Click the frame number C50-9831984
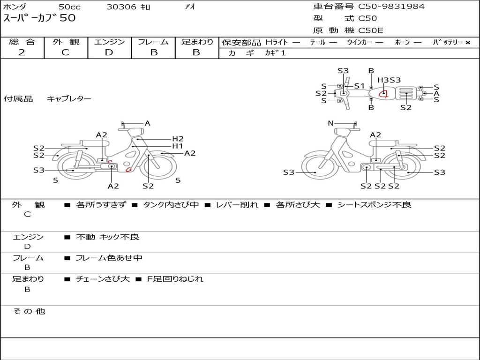click(x=391, y=6)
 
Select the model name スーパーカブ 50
click(x=39, y=18)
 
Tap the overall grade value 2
click(x=22, y=52)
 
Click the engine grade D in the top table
click(x=109, y=52)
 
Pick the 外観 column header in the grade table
click(x=66, y=42)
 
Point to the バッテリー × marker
click(x=451, y=42)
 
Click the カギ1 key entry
click(x=275, y=53)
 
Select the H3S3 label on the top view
click(x=389, y=80)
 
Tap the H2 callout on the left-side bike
click(x=178, y=139)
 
